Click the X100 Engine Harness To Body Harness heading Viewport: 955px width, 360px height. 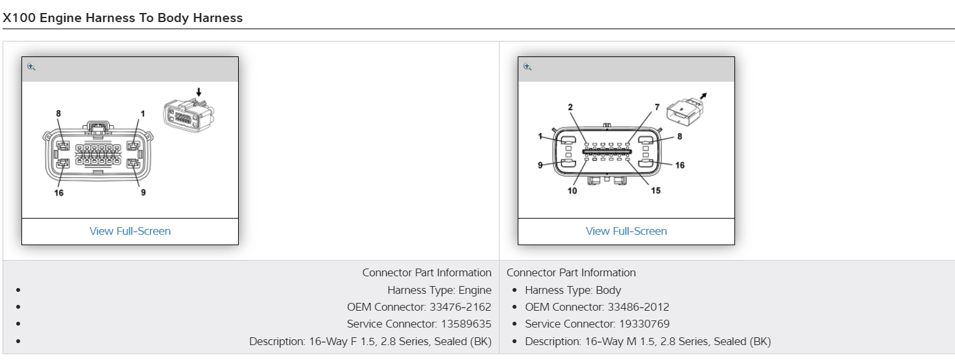click(123, 18)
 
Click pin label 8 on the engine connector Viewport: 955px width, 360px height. click(58, 114)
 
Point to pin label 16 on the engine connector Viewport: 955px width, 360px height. click(59, 193)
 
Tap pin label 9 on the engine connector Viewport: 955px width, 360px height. click(143, 193)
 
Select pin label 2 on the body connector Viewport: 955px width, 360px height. click(570, 107)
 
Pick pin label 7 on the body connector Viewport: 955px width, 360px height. click(657, 107)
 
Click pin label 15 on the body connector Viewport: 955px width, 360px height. click(656, 191)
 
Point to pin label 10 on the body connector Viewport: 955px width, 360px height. click(572, 191)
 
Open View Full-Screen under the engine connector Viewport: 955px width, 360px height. click(130, 231)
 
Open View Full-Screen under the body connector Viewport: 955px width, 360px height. click(626, 231)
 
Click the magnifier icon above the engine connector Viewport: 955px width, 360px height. click(31, 67)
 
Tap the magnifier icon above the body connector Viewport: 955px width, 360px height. click(527, 67)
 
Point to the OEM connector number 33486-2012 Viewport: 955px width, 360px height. click(638, 307)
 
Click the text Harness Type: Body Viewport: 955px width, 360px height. click(573, 290)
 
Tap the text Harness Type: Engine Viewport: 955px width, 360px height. click(439, 290)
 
